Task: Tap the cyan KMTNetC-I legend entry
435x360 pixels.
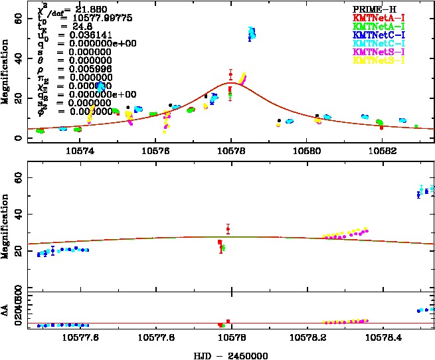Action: point(379,43)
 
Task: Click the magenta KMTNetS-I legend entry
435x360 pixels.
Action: point(379,52)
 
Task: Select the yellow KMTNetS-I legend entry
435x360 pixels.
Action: point(379,60)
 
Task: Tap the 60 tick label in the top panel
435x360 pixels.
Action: point(19,21)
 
